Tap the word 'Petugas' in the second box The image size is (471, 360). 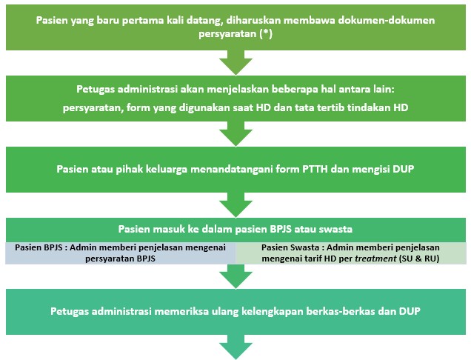pos(99,89)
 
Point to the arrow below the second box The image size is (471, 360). pos(236,135)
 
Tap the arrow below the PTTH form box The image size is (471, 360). pos(236,204)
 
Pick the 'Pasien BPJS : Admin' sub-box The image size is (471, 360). pos(121,253)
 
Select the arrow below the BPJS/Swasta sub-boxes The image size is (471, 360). pos(236,277)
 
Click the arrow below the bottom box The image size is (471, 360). pos(236,346)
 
